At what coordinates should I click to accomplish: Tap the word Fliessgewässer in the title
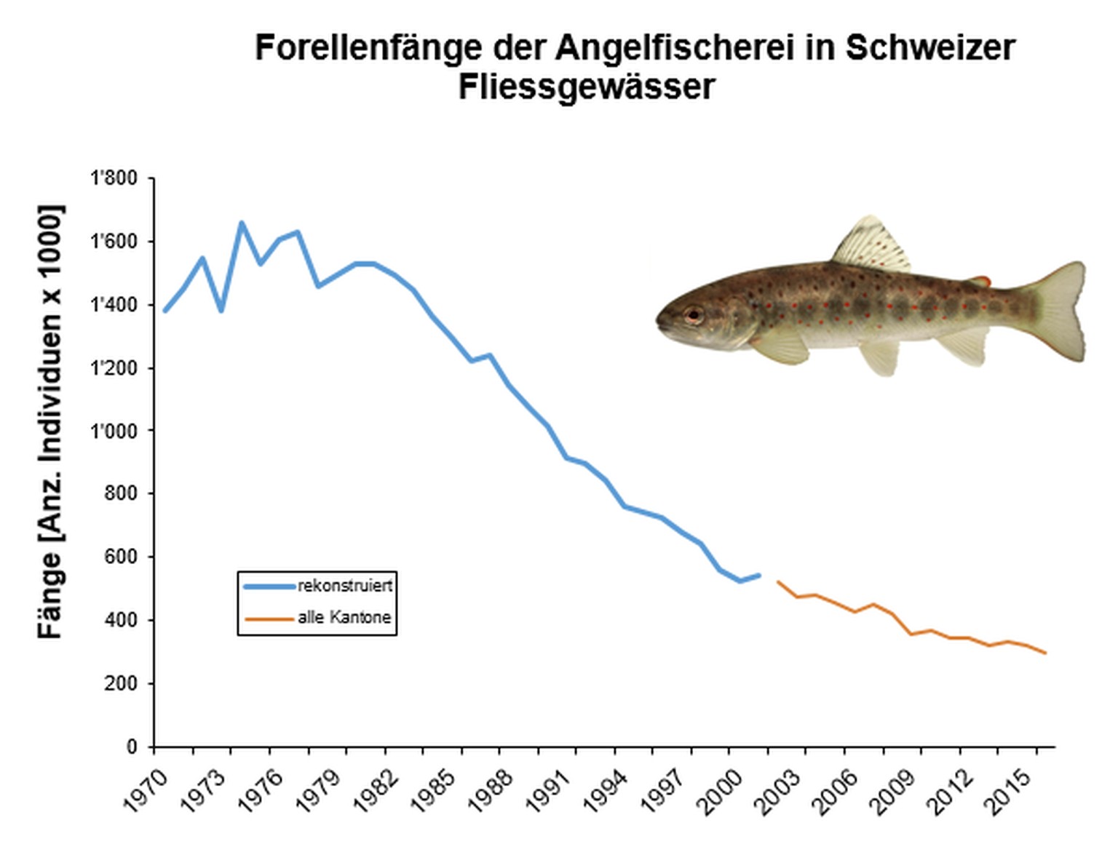[x=587, y=87]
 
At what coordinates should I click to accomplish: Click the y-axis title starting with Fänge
[x=51, y=422]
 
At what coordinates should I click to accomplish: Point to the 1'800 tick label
[x=114, y=178]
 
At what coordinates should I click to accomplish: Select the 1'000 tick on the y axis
[x=114, y=431]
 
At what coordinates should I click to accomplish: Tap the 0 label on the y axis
[x=132, y=747]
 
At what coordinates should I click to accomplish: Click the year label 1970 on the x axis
[x=145, y=792]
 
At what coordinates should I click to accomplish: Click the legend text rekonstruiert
[x=345, y=586]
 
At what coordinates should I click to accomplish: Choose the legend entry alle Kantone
[x=344, y=618]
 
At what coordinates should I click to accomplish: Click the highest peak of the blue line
[x=242, y=223]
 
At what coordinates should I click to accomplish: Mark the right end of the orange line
[x=1045, y=653]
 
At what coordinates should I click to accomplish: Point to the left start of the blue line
[x=165, y=311]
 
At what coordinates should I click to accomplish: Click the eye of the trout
[x=694, y=315]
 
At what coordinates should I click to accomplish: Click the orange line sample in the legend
[x=269, y=619]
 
